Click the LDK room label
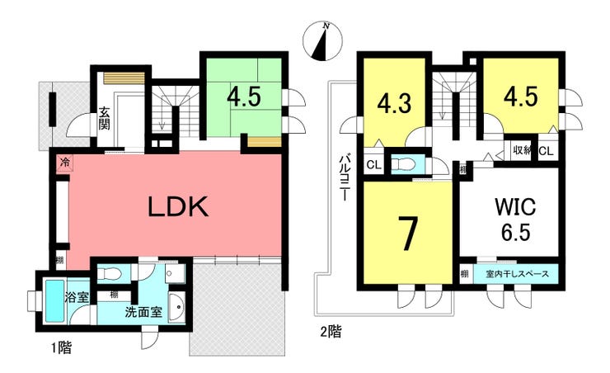(178, 207)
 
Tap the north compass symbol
(322, 41)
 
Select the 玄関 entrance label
(104, 118)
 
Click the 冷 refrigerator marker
(65, 162)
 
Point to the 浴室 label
(77, 298)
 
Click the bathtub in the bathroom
(54, 301)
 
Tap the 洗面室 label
(143, 312)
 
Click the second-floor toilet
(401, 165)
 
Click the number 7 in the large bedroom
(408, 234)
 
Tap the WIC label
(515, 206)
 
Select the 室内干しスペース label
(518, 274)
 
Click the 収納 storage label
(522, 150)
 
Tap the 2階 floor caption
(331, 332)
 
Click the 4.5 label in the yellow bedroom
(521, 96)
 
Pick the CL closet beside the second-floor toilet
(374, 165)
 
